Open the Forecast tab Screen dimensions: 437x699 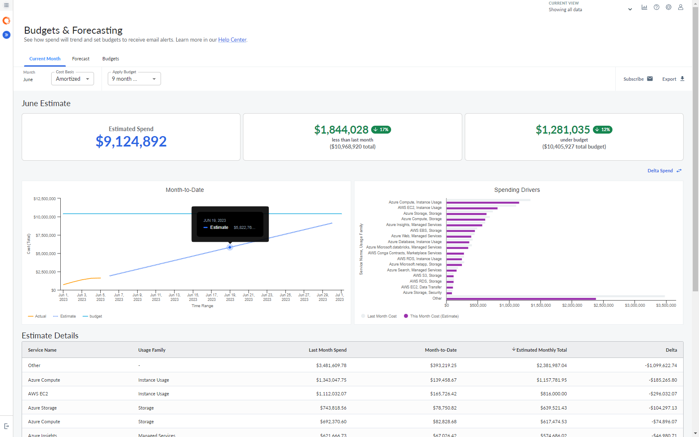coord(81,59)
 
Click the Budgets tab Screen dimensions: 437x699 coord(111,59)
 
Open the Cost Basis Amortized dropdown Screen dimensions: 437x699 coord(72,79)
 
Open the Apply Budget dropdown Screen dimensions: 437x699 coord(134,79)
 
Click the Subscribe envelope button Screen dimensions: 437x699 coord(638,79)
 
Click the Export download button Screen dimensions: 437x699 coord(673,79)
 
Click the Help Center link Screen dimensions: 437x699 coord(232,40)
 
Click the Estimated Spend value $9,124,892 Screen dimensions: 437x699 coord(131,142)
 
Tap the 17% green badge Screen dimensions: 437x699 coord(381,129)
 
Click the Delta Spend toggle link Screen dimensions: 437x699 coord(664,171)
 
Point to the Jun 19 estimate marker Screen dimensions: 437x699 coord(230,247)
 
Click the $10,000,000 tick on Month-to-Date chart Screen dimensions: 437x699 coord(45,217)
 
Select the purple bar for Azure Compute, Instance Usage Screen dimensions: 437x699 coord(483,203)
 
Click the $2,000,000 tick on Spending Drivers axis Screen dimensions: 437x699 coord(572,305)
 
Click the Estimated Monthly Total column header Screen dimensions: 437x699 coord(541,350)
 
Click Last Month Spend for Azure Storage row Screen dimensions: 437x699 coord(333,408)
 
